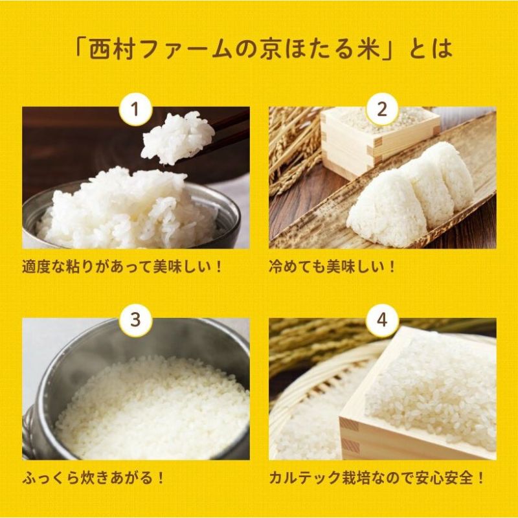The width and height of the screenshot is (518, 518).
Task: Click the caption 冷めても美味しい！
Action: pos(332,267)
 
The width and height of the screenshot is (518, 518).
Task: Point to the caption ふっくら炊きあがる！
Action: pos(93,479)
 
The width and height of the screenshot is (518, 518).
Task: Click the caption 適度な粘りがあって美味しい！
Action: pos(122,267)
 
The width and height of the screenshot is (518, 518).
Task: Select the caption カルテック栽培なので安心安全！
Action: pos(377,479)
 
